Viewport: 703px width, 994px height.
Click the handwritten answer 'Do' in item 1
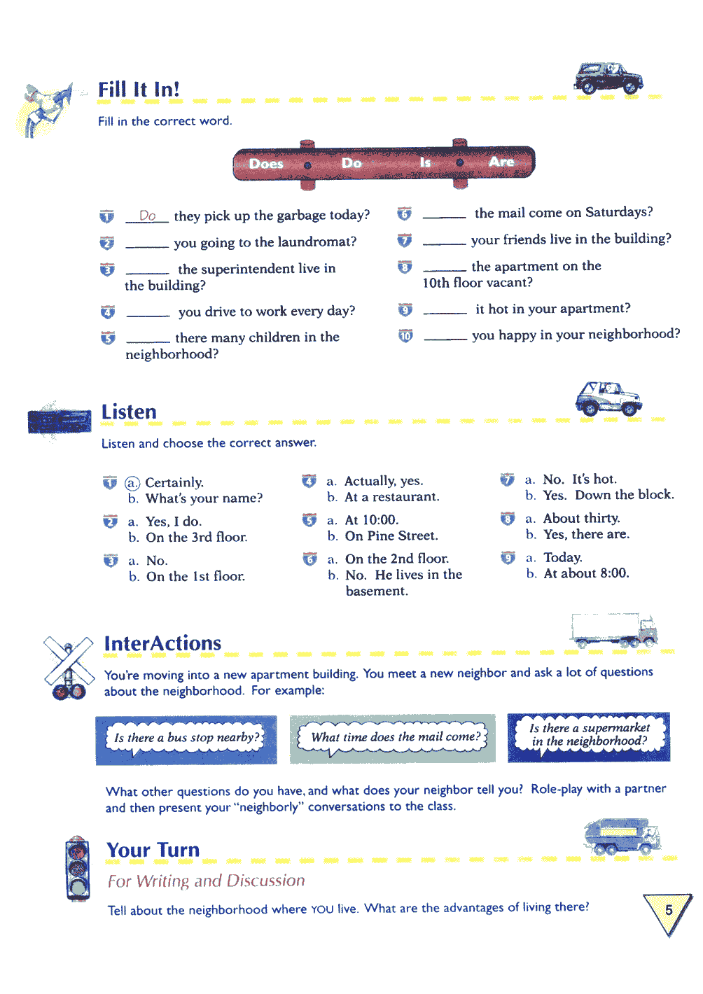pyautogui.click(x=147, y=216)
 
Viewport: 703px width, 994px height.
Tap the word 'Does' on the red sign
pyautogui.click(x=266, y=164)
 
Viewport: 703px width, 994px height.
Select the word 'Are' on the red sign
pyautogui.click(x=501, y=162)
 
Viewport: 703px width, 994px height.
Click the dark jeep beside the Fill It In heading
pyautogui.click(x=608, y=78)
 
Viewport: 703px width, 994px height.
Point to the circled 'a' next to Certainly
pyautogui.click(x=132, y=483)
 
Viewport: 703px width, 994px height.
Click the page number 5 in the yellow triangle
pyautogui.click(x=669, y=910)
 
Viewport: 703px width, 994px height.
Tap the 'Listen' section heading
pyautogui.click(x=129, y=412)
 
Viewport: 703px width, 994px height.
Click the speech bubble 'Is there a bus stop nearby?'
pyautogui.click(x=186, y=738)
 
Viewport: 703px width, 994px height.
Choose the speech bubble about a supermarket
pyautogui.click(x=589, y=735)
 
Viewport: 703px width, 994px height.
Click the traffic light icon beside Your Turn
pyautogui.click(x=78, y=869)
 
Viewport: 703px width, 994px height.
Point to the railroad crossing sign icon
pyautogui.click(x=69, y=668)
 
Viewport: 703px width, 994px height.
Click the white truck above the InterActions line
pyautogui.click(x=614, y=631)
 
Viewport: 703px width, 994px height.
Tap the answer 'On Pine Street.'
pyautogui.click(x=391, y=536)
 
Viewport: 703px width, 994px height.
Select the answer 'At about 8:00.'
pyautogui.click(x=586, y=573)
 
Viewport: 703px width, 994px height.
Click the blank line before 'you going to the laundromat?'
pyautogui.click(x=147, y=246)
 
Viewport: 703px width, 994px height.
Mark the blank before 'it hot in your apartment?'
pyautogui.click(x=445, y=313)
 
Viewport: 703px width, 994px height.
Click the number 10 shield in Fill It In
pyautogui.click(x=405, y=336)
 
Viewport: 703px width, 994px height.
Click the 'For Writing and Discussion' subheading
pyautogui.click(x=207, y=881)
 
